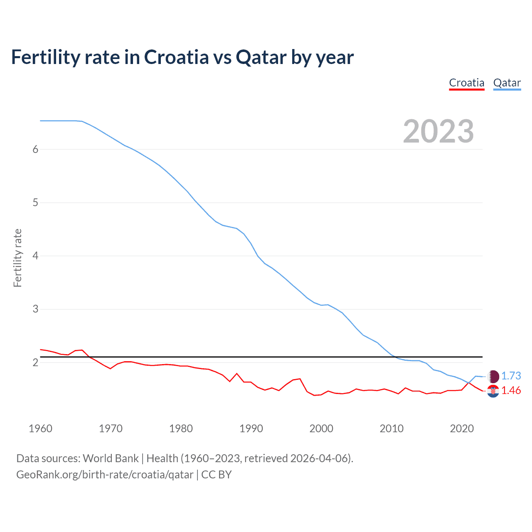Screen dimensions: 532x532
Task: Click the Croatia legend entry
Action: coord(467,83)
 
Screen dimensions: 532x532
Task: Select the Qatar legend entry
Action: coord(507,83)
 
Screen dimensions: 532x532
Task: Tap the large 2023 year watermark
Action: coord(438,131)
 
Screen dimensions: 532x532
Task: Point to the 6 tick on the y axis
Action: coord(35,149)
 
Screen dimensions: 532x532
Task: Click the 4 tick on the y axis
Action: coord(35,256)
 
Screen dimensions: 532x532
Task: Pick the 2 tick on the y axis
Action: coord(35,362)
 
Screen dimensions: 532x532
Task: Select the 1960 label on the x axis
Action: coord(40,429)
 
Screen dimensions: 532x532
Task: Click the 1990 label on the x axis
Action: coord(251,429)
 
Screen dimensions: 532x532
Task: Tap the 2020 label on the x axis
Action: coord(462,429)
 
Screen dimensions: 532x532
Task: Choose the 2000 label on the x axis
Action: coord(321,429)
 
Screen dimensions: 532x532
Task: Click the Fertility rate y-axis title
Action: coord(17,258)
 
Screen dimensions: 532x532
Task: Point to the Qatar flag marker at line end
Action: coord(493,376)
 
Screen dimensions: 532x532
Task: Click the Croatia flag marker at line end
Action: coord(493,391)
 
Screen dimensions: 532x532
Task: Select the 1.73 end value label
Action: coord(511,376)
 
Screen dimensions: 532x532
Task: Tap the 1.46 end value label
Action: coord(511,390)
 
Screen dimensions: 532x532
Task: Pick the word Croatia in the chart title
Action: coord(176,57)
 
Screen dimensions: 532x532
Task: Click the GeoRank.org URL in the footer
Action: coord(105,475)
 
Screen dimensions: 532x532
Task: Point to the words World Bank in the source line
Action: coord(111,458)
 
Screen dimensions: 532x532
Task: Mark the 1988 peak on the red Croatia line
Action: coord(237,374)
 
